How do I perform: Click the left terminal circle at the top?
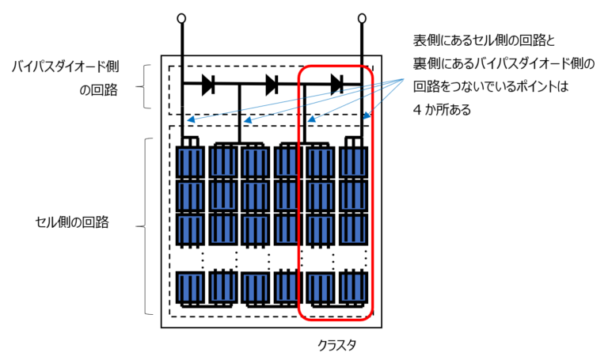coord(181,18)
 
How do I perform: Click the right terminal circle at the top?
coord(362,18)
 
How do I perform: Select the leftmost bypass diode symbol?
coord(208,84)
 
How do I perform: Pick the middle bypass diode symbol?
coord(272,84)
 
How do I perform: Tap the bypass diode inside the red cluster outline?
coord(336,84)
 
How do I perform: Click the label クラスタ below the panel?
coord(336,344)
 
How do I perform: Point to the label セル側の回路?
coord(73,222)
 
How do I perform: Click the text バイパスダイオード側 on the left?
coord(65,66)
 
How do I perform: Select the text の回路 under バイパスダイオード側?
coord(98,90)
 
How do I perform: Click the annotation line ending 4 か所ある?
coord(442,110)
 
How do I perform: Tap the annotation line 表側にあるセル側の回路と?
coord(484,40)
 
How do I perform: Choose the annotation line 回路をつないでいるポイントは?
coord(490,86)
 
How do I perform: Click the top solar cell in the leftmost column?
coord(190,162)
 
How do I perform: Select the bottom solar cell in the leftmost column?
coord(190,288)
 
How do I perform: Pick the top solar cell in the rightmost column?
coord(354,162)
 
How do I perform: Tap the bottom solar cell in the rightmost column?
coord(354,287)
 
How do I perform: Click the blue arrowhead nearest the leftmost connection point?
coord(190,119)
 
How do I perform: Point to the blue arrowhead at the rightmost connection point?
coord(367,115)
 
